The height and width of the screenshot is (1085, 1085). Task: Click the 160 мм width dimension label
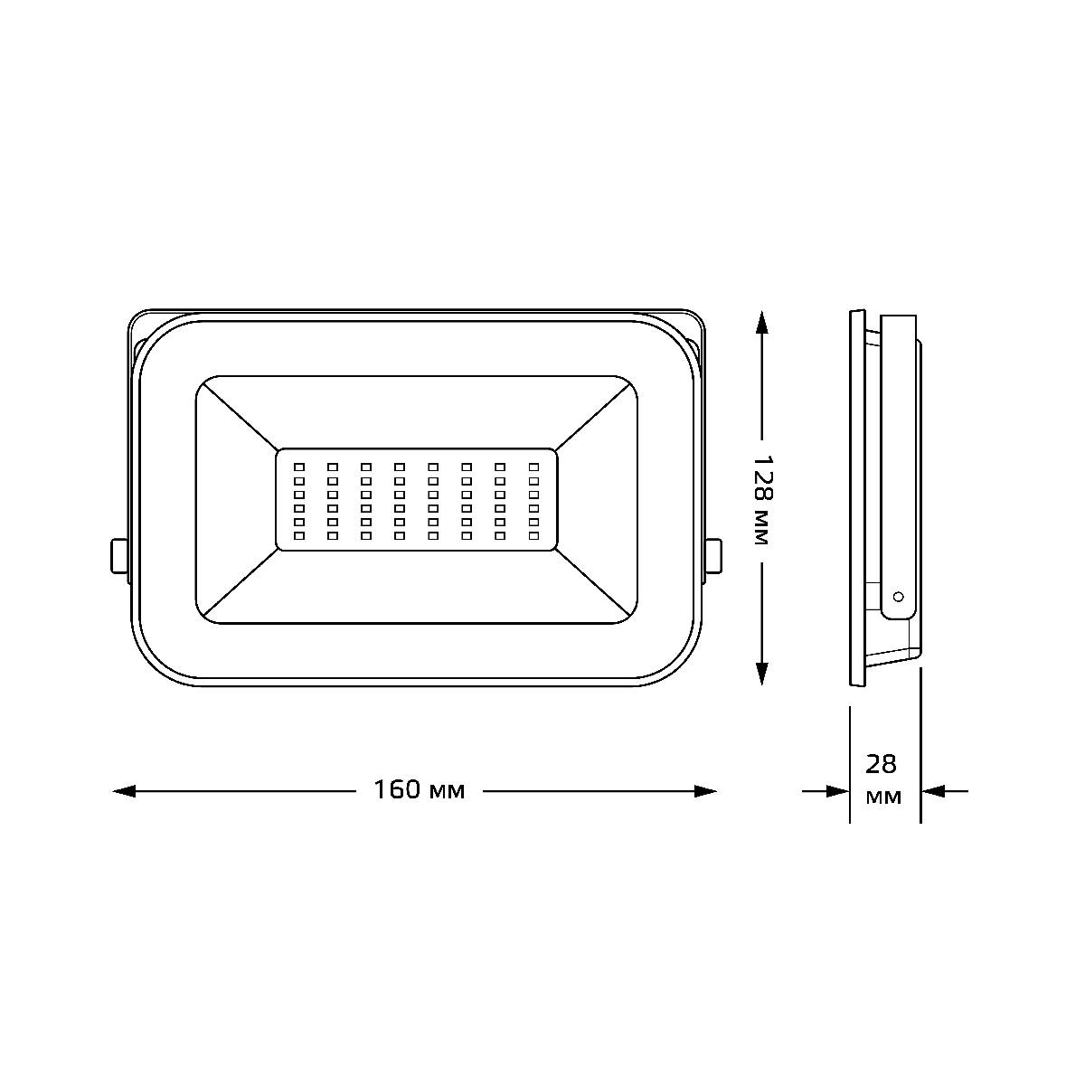click(x=420, y=790)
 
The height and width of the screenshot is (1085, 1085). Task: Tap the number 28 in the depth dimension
click(x=881, y=764)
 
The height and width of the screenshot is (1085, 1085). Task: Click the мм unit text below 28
click(x=882, y=797)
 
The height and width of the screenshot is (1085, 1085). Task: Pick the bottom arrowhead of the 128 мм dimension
click(x=761, y=674)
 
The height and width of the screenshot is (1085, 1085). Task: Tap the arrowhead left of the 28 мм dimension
click(x=838, y=791)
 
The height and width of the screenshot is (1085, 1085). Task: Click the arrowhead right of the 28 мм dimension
click(x=932, y=791)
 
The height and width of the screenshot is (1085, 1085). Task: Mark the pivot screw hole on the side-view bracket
click(x=898, y=597)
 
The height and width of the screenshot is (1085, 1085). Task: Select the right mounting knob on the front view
click(x=713, y=555)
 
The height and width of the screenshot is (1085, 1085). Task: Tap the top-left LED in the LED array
click(x=299, y=467)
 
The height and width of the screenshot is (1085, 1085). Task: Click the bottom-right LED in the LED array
click(x=533, y=536)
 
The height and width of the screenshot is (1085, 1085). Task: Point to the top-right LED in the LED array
click(x=533, y=467)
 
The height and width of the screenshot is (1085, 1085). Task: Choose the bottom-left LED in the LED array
click(x=299, y=536)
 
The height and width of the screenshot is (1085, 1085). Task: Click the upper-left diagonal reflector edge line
click(x=237, y=413)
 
